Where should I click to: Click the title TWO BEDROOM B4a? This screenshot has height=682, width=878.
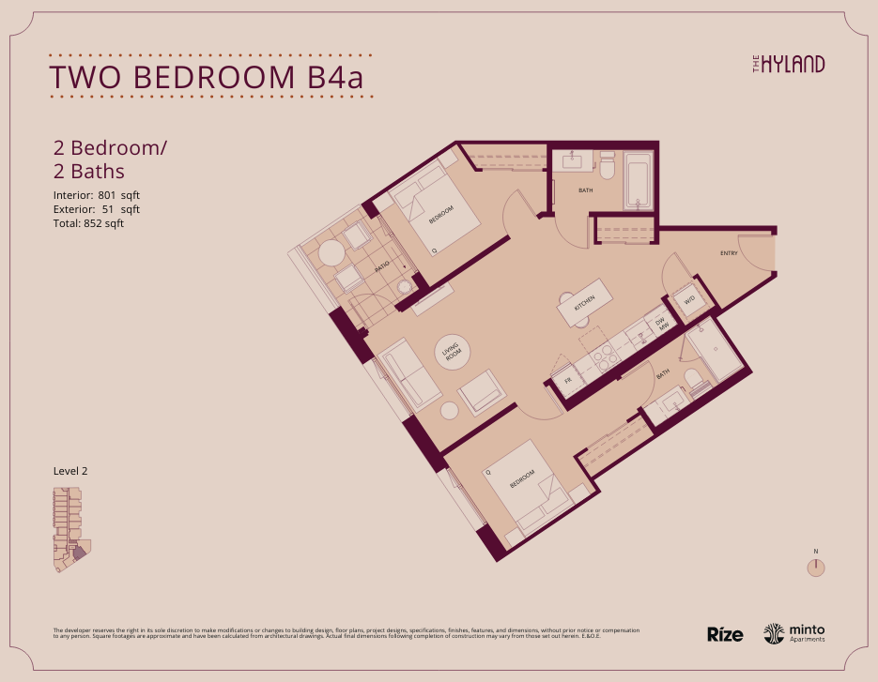[206, 77]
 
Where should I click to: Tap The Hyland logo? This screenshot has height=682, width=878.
[789, 64]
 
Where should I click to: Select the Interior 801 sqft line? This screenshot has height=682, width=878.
[97, 195]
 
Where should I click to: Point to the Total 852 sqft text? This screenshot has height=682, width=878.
[88, 223]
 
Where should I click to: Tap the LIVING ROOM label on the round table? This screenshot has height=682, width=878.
[453, 354]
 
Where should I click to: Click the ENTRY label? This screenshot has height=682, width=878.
[729, 254]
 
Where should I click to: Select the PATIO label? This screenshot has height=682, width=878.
[381, 267]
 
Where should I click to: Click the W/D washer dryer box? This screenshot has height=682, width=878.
[688, 300]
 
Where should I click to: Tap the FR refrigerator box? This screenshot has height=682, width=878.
[567, 381]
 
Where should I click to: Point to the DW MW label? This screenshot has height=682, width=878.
[660, 325]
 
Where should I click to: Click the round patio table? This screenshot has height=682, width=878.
[331, 253]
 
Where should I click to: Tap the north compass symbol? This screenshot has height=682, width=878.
[817, 567]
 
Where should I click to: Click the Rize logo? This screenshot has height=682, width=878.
[725, 634]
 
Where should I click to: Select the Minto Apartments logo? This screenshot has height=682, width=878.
[794, 634]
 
